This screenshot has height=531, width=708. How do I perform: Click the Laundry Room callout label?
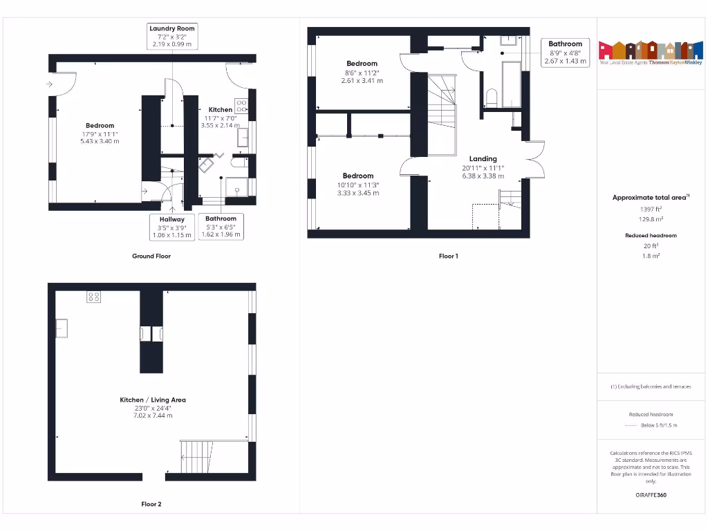172,28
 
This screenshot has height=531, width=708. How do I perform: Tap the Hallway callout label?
171,219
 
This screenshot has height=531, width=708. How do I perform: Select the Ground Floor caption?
151,256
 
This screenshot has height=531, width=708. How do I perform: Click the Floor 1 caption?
448,256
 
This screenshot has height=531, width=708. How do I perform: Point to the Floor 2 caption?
151,504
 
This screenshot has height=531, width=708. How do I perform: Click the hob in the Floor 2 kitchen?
94,297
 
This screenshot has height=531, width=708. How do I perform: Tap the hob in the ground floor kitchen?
242,106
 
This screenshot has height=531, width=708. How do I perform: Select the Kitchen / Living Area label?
153,400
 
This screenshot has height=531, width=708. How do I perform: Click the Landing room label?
483,159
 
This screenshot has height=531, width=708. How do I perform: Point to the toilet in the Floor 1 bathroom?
492,97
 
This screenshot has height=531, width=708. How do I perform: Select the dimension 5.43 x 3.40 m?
100,141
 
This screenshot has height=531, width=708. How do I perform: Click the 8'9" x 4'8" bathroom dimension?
565,53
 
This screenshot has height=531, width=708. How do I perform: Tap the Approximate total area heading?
650,198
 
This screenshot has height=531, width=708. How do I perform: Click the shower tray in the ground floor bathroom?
236,187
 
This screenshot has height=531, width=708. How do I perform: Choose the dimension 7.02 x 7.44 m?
153,416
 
